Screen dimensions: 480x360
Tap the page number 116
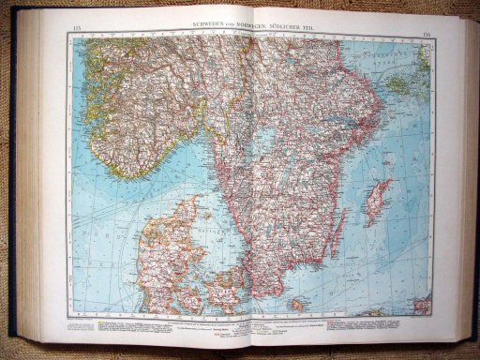[x=424, y=30]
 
